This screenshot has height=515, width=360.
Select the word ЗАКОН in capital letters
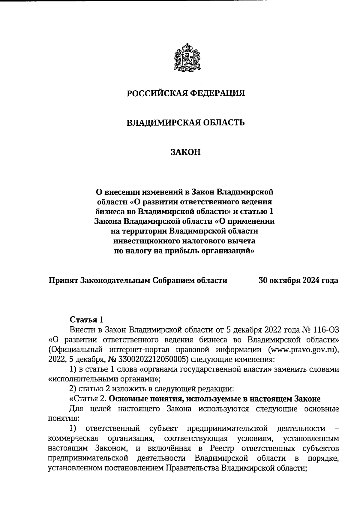pyautogui.click(x=185, y=152)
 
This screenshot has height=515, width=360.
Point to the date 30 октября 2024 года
pyautogui.click(x=298, y=280)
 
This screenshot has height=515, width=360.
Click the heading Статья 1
pyautogui.click(x=86, y=319)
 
